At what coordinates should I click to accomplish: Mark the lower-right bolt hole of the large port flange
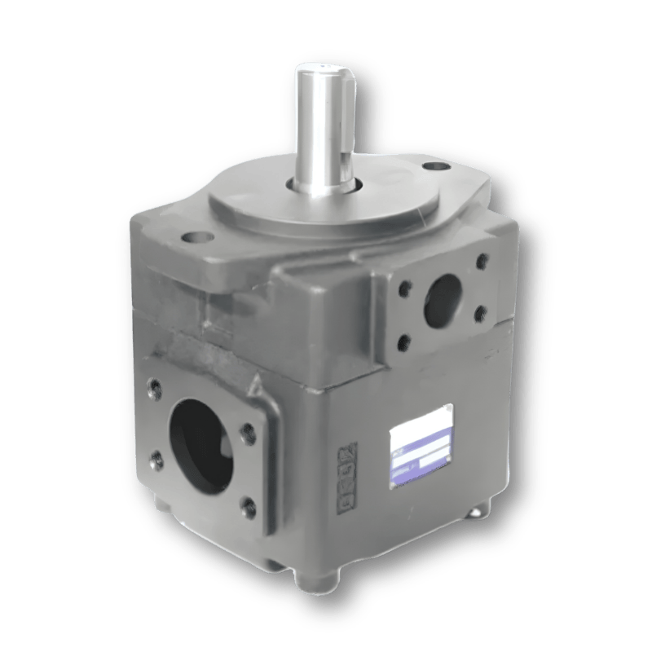click(x=246, y=510)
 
